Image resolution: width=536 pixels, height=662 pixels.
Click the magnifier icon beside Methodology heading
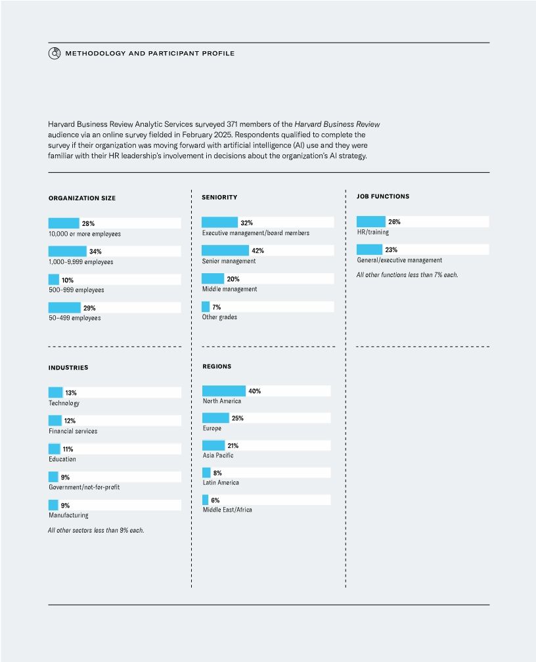(55, 53)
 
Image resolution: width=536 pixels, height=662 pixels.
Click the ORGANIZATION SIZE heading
(82, 198)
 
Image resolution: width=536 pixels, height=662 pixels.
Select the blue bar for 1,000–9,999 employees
(68, 252)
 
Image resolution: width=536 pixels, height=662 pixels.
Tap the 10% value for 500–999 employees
(68, 280)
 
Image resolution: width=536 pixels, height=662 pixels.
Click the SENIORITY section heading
(219, 197)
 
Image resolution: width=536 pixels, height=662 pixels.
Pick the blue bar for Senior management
(225, 251)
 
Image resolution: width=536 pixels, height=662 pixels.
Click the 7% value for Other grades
(216, 307)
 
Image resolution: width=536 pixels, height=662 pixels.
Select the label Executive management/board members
(256, 233)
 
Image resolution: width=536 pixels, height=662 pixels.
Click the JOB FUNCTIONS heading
(383, 196)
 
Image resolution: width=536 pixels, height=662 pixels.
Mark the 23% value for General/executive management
(391, 250)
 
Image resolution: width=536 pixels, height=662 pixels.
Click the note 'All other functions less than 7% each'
(407, 275)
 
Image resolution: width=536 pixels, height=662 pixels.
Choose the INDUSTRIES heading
(68, 368)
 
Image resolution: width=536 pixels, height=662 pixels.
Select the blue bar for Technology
(56, 393)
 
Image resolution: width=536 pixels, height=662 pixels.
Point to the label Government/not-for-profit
(84, 487)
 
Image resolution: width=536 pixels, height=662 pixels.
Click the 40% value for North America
(255, 391)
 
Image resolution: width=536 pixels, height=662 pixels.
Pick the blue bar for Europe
(215, 418)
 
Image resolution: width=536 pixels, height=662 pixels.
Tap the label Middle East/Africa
(227, 510)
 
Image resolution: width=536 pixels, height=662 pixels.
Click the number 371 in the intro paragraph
(235, 123)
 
